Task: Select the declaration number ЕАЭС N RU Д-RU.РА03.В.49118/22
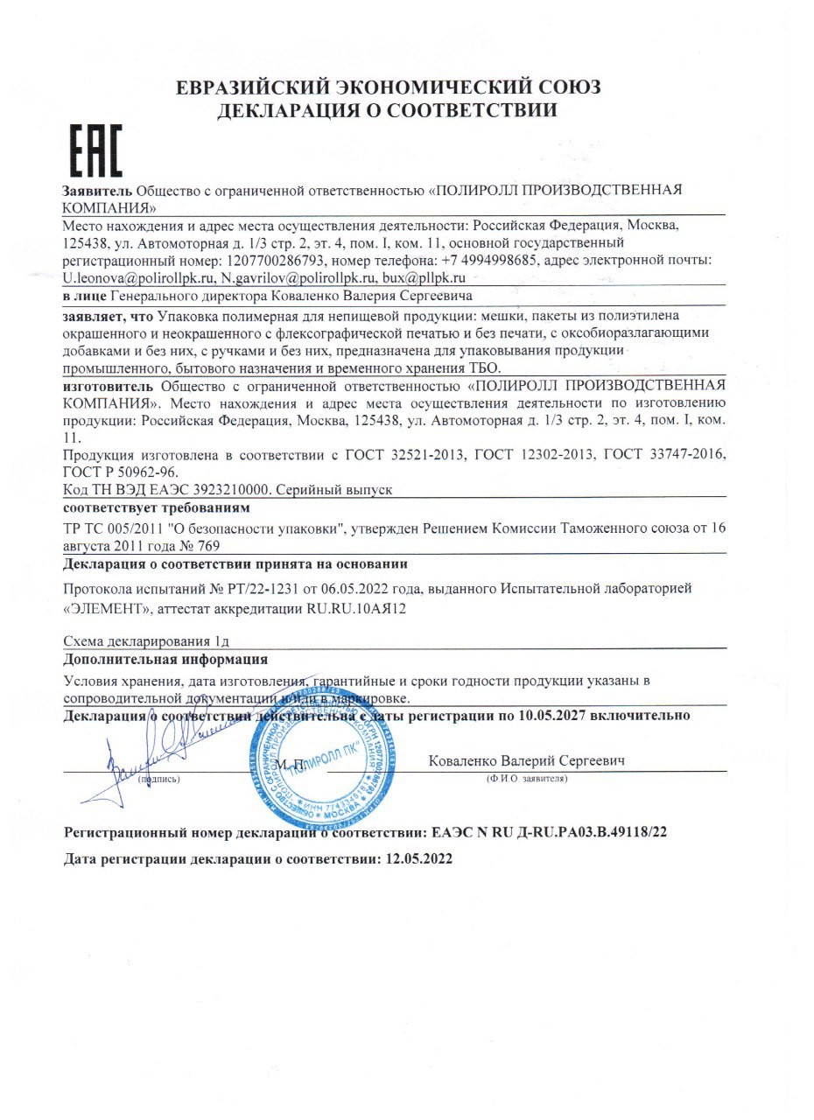click(x=544, y=830)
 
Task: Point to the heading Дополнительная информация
click(x=166, y=659)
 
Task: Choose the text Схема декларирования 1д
click(x=147, y=641)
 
